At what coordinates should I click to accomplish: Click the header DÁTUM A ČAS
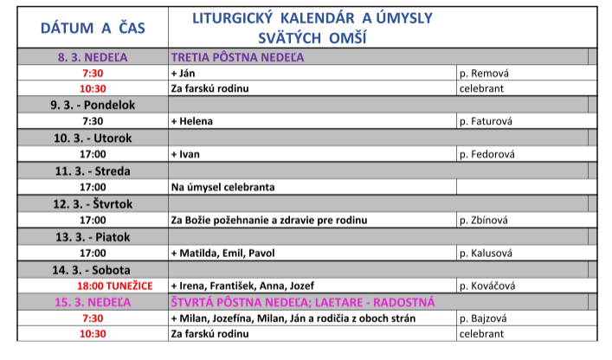coord(93,29)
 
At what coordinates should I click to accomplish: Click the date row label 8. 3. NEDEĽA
coord(93,58)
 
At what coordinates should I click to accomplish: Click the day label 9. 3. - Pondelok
coord(93,105)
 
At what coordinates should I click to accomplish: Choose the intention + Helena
coord(192,121)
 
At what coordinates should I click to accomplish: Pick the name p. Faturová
coord(487,121)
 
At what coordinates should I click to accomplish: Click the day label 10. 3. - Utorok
coord(93,138)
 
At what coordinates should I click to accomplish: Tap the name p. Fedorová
coord(487,154)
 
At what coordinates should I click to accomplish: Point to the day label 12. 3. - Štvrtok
coord(93,203)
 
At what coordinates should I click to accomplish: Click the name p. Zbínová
coord(486,220)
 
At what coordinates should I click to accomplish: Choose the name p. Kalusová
coord(487,253)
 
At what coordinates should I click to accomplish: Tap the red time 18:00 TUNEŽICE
coord(115,286)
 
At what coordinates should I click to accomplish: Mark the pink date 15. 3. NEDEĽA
coord(93,302)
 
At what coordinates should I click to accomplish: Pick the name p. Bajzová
coord(485,318)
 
